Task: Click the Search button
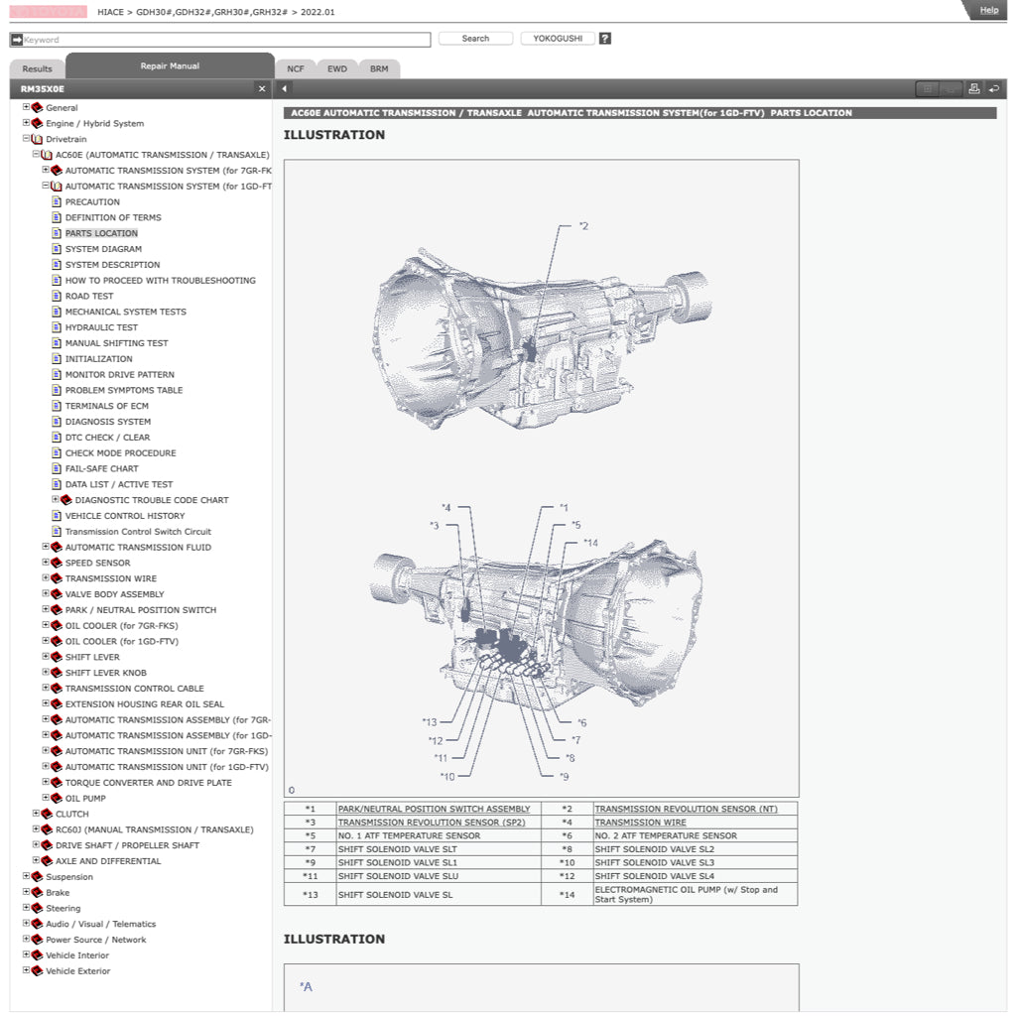coord(475,39)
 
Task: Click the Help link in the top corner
coord(988,10)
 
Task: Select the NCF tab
coord(296,68)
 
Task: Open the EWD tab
coord(337,68)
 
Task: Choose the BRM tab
coord(379,68)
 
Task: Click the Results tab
coord(37,68)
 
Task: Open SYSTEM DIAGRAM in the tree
coord(103,249)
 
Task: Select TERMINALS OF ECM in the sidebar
coord(106,406)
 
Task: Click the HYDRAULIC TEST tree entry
coord(101,327)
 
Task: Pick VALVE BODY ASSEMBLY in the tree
coord(114,594)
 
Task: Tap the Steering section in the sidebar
coord(63,908)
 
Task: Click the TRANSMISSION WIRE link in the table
coord(640,823)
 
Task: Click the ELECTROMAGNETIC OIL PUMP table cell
coord(686,894)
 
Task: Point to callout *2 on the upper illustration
coord(583,226)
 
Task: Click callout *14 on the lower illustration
coord(590,543)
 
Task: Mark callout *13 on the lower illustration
coord(429,722)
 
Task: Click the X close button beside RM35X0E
coord(262,89)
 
